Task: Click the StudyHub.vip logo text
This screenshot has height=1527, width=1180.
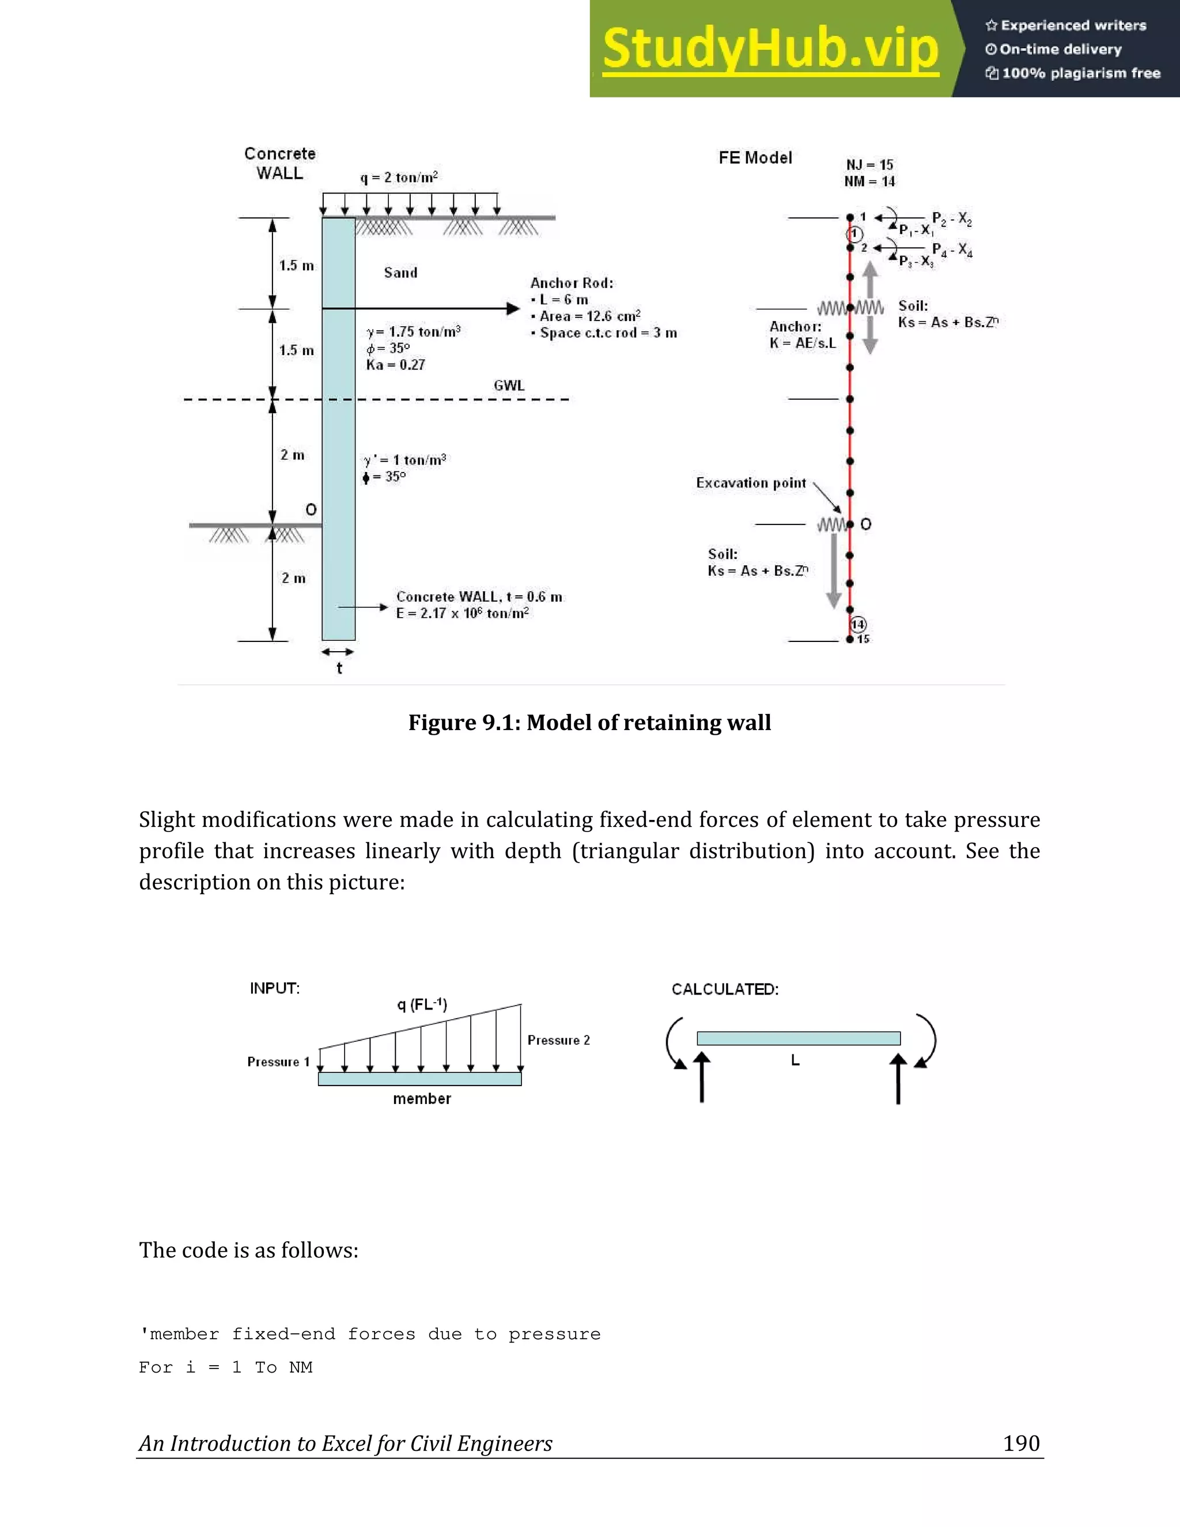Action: [770, 48]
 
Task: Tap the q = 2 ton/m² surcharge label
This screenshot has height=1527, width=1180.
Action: [399, 177]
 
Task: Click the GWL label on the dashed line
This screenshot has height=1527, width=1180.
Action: [508, 385]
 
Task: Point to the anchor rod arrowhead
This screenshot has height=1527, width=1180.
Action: [513, 308]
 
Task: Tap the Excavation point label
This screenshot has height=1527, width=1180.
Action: [751, 483]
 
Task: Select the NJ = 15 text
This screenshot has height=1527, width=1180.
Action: [869, 165]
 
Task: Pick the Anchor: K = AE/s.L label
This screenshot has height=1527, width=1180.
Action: [802, 335]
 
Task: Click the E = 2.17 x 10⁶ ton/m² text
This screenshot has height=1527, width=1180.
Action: [462, 613]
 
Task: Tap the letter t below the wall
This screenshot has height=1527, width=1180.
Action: [339, 668]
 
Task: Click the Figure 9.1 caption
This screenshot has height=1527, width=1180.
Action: [589, 722]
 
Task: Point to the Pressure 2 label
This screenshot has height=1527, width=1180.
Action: [558, 1040]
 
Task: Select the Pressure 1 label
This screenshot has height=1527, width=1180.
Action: [278, 1062]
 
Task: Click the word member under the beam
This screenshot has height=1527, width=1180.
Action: [422, 1098]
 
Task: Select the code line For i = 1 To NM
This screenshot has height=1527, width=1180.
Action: [225, 1367]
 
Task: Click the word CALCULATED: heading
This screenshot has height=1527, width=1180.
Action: [725, 989]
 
